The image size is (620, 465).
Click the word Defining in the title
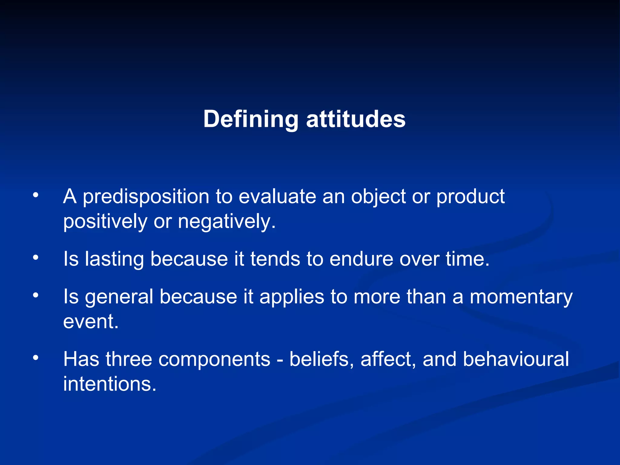[251, 120]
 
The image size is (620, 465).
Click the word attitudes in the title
[356, 120]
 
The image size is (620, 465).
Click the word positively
[105, 222]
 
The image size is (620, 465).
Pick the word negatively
[226, 222]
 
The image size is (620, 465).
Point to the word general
[119, 297]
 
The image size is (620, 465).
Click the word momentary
[521, 297]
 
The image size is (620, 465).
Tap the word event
[90, 322]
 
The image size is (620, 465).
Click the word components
[214, 359]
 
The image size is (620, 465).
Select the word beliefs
[321, 359]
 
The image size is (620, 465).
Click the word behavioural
[516, 359]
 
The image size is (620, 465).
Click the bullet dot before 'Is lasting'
[36, 258]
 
